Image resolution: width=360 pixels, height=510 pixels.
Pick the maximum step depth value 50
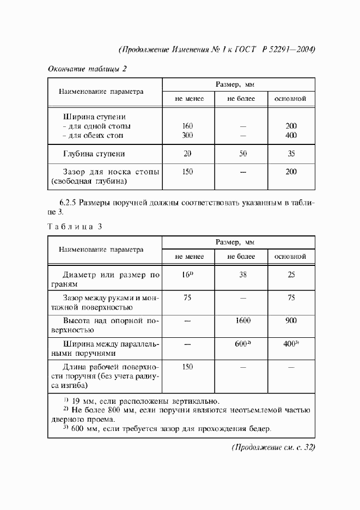(x=242, y=154)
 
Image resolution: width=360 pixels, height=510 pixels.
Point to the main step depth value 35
(x=291, y=154)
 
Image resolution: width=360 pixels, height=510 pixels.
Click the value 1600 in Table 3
(x=242, y=321)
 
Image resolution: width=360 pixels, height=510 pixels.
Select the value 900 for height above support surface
(x=291, y=321)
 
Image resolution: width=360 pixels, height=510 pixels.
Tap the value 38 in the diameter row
(x=242, y=275)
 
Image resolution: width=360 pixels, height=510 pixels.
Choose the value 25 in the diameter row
(x=291, y=275)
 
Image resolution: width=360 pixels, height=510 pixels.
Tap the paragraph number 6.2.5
(x=66, y=203)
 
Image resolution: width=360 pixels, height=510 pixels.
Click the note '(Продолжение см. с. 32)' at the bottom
(x=273, y=447)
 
